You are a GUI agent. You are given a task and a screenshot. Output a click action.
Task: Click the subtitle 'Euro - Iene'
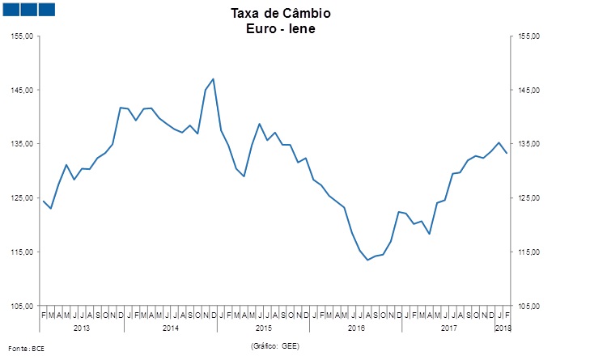(280, 28)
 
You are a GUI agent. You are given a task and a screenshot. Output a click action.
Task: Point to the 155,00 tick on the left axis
(22, 36)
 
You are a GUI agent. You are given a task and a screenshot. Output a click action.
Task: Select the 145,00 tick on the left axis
(22, 90)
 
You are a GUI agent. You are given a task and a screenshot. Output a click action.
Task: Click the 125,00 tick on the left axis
(22, 198)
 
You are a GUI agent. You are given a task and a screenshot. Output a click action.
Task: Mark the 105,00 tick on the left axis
(22, 306)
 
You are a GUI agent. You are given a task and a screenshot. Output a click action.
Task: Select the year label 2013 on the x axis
(82, 328)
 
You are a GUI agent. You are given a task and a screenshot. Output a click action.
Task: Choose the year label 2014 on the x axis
(171, 328)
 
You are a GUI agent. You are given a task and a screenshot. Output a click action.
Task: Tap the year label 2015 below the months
(264, 328)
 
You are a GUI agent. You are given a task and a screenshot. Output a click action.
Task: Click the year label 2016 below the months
(356, 328)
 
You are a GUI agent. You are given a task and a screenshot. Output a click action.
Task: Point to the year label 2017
(449, 328)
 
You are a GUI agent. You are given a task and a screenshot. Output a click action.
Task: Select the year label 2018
(503, 328)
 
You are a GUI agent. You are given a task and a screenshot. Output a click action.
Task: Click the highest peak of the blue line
(213, 78)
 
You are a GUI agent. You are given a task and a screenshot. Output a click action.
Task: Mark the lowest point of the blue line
(367, 260)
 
